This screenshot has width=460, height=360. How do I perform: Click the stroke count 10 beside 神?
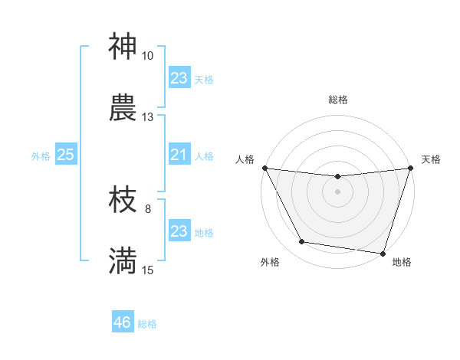click(x=147, y=56)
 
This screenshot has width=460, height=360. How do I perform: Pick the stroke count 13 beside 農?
click(x=147, y=117)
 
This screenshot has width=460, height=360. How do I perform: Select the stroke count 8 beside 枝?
click(x=147, y=208)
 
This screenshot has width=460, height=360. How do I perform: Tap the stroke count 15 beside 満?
click(x=147, y=270)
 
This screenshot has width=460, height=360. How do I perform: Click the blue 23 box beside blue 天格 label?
click(x=179, y=78)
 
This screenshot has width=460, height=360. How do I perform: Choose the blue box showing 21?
click(x=179, y=155)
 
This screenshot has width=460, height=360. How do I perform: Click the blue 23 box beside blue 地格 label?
click(x=179, y=231)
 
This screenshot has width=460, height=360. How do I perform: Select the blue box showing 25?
click(x=66, y=155)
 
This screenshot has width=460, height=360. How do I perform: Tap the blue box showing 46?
click(x=123, y=322)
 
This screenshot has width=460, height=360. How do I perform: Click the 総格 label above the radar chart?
click(x=338, y=100)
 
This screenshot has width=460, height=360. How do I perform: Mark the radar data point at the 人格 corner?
click(x=264, y=168)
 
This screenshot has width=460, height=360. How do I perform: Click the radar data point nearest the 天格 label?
click(x=411, y=168)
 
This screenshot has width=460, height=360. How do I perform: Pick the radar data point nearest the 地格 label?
click(x=383, y=254)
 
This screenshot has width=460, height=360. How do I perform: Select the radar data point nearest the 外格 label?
click(x=302, y=242)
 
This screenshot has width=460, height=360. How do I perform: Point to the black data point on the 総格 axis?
click(x=338, y=177)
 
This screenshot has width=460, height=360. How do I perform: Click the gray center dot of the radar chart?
click(x=338, y=191)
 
